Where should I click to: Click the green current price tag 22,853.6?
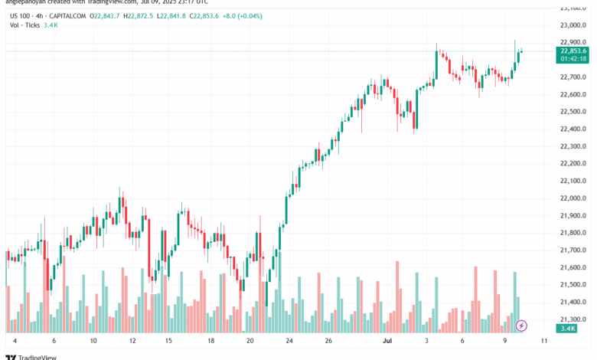click(x=573, y=51)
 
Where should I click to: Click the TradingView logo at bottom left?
click(x=25, y=355)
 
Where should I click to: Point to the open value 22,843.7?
click(x=106, y=15)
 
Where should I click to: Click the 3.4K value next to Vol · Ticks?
click(x=51, y=25)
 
